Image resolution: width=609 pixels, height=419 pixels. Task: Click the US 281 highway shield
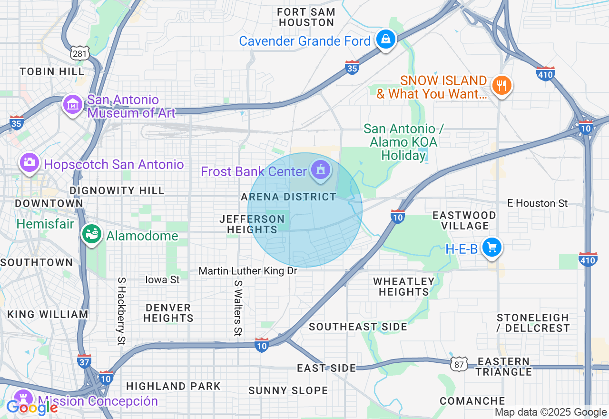[x=79, y=53]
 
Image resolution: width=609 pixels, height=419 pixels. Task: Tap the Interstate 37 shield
[x=84, y=361]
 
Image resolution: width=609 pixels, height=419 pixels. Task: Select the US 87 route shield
[x=458, y=363]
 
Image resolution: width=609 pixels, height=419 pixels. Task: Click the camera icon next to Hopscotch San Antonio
[x=29, y=162]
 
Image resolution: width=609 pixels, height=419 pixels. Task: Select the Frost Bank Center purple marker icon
[x=321, y=170]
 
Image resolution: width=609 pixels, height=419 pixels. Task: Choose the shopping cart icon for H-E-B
[x=492, y=248]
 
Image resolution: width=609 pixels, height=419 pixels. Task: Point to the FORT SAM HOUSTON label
[x=306, y=17]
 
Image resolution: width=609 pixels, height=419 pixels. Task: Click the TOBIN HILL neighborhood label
[x=52, y=71]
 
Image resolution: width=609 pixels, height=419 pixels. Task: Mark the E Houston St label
[x=537, y=203]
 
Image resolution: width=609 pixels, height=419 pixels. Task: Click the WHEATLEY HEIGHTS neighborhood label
[x=404, y=287]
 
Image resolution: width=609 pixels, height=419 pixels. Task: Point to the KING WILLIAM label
[x=48, y=314]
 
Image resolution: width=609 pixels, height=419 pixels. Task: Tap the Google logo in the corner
[x=31, y=408]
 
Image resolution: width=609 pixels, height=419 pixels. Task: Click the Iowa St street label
[x=162, y=279]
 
